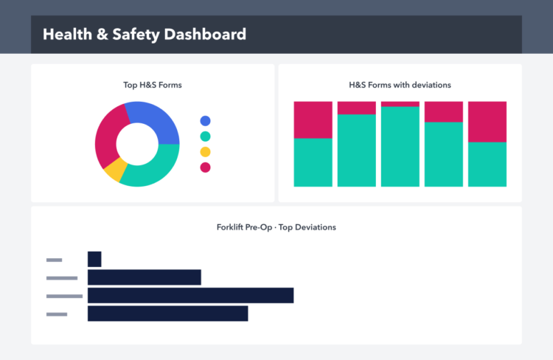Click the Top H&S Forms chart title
[152, 85]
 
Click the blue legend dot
[205, 121]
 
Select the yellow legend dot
[205, 152]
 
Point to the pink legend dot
[205, 167]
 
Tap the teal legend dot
[205, 136]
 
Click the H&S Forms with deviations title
[400, 85]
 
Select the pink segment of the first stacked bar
[313, 120]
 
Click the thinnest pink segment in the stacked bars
[400, 104]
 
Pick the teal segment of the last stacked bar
[487, 164]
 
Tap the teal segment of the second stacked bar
[356, 150]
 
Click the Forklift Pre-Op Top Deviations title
[276, 227]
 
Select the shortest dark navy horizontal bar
[94, 259]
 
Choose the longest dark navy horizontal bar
[190, 296]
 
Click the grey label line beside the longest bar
[64, 296]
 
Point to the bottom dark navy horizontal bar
[167, 314]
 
